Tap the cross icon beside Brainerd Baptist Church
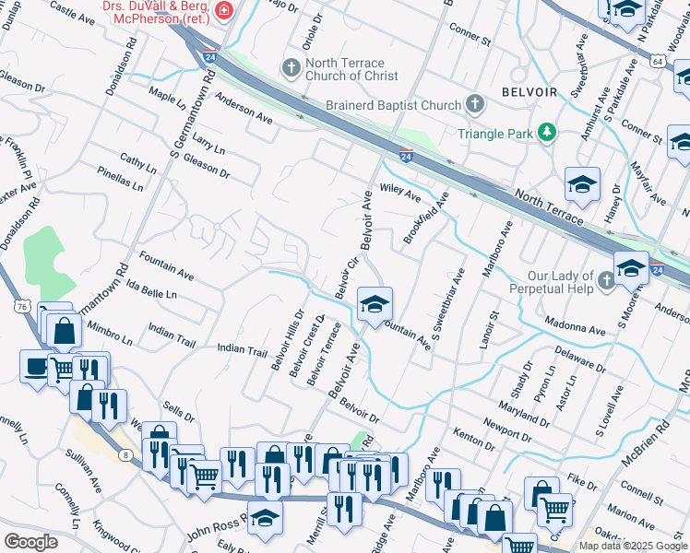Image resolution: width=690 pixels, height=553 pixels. tap(475, 104)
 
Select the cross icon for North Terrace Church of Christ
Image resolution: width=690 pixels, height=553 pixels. tap(291, 67)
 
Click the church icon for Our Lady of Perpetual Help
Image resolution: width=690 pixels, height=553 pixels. tap(605, 278)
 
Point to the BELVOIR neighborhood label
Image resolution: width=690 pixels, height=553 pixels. tap(529, 92)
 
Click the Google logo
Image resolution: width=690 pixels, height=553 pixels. tap(30, 542)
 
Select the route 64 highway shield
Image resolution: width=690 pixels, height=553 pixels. tap(657, 61)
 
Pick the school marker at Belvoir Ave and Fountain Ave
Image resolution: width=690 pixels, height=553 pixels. tap(375, 304)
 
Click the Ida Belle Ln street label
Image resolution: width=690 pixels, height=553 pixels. tap(152, 293)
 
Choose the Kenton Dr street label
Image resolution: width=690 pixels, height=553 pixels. tap(474, 438)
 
